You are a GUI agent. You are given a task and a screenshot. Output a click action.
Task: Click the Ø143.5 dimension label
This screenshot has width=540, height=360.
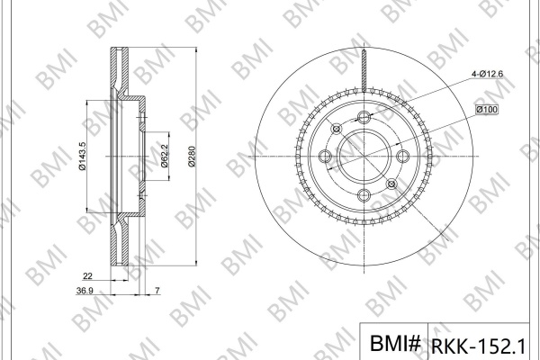82,156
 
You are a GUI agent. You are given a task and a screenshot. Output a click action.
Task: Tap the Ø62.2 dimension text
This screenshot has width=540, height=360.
165,156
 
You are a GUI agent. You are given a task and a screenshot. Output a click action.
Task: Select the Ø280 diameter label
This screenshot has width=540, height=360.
192,157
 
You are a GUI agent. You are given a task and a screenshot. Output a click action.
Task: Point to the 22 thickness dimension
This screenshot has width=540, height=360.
88,276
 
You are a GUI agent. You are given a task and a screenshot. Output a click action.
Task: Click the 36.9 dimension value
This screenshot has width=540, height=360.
85,291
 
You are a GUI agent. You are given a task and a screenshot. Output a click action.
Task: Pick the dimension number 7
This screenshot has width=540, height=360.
157,291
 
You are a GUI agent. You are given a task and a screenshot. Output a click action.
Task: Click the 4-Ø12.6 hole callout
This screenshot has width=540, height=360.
487,74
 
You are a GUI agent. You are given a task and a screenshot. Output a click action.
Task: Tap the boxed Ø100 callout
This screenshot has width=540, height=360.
487,110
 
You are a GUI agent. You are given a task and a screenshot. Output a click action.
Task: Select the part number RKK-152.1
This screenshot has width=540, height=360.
479,346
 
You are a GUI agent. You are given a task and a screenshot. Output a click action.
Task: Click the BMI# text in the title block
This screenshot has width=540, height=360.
395,343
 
